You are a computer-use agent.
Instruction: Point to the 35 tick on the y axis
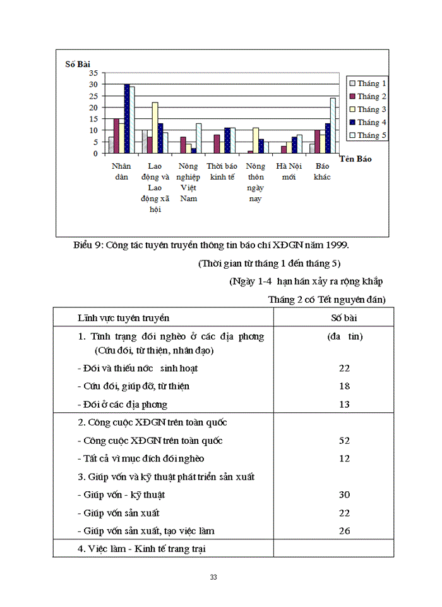93,73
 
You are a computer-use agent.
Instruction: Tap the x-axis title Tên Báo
355,159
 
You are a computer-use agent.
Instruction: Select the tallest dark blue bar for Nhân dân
126,119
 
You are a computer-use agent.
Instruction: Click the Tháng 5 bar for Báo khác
333,125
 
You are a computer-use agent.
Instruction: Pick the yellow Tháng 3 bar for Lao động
155,128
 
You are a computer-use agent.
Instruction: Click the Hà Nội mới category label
289,171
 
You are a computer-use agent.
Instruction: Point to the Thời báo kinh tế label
222,171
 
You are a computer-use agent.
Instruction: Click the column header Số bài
344,317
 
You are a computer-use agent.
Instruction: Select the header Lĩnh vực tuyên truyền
123,317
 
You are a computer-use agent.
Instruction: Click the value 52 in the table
344,441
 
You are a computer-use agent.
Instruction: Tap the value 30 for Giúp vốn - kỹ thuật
344,495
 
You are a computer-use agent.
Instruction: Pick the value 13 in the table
344,404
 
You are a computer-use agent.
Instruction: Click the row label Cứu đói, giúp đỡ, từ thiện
133,386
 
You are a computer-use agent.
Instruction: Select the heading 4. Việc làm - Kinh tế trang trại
141,549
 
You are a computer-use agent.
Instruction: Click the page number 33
214,577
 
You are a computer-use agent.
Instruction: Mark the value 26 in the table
344,531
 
